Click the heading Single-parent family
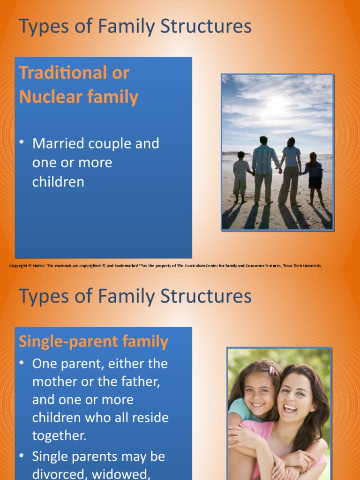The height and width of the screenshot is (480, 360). click(93, 341)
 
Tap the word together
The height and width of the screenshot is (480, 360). click(59, 435)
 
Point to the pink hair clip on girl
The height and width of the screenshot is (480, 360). click(271, 370)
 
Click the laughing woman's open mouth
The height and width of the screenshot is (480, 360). click(290, 408)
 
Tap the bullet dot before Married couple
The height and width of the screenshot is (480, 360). click(22, 142)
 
